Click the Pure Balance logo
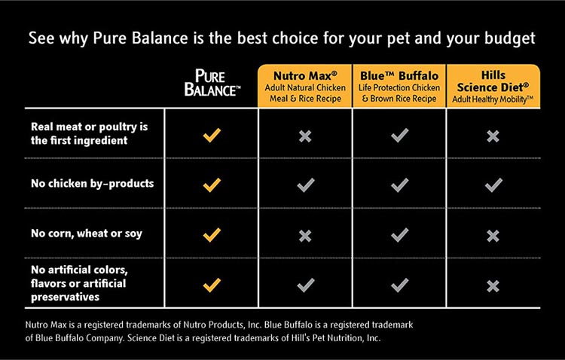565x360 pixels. click(x=212, y=83)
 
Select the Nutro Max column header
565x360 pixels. click(x=305, y=86)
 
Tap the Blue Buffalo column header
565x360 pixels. click(x=399, y=86)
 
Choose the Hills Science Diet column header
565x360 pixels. click(x=493, y=86)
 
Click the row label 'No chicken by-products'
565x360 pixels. click(x=92, y=184)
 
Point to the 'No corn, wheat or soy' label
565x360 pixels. click(x=87, y=233)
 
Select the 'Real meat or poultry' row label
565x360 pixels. click(x=90, y=133)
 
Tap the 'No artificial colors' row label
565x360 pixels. click(x=79, y=283)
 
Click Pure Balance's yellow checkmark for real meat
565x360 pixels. click(x=212, y=135)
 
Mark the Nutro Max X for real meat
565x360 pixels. click(x=305, y=136)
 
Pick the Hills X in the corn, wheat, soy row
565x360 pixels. click(x=493, y=236)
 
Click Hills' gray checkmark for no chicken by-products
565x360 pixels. click(x=493, y=185)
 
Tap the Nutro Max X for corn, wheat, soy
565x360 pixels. click(x=305, y=236)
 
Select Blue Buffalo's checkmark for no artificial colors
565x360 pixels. click(x=399, y=285)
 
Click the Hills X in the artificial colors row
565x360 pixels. click(x=493, y=286)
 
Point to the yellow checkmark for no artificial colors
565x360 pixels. click(x=212, y=285)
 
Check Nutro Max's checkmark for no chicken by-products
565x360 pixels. click(x=306, y=185)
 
